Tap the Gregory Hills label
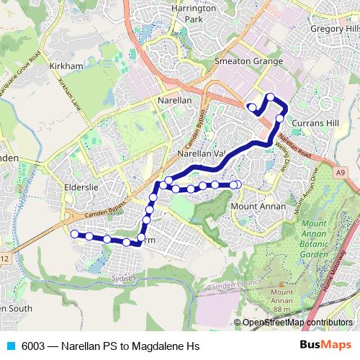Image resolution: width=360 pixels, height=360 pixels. coord(334,28)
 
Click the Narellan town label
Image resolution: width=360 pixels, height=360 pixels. coord(175,101)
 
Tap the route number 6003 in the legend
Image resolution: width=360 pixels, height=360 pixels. coord(35,346)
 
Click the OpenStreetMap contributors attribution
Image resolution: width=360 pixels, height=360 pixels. coord(297,323)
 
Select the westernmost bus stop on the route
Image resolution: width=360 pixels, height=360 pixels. coord(73,233)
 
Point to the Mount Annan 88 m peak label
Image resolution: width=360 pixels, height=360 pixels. coord(282,297)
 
